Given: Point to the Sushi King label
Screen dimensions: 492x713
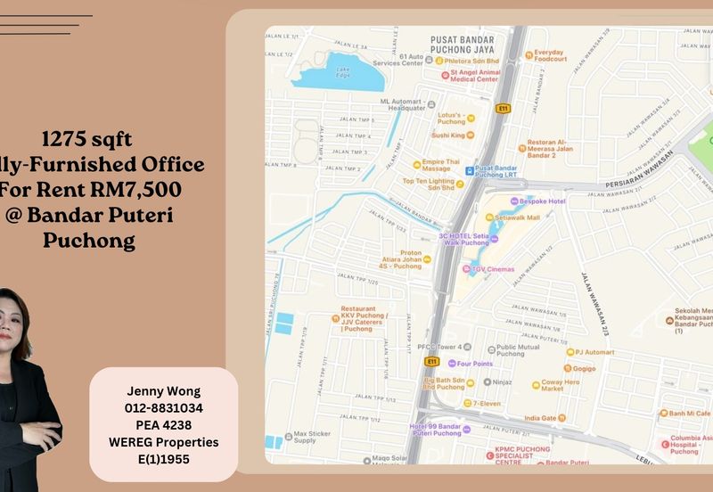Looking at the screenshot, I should point(447,135).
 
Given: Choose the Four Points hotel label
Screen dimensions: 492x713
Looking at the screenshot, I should point(475,364).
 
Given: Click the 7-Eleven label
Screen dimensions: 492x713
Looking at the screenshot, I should point(487,404).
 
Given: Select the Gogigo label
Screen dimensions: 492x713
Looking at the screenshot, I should point(584,368).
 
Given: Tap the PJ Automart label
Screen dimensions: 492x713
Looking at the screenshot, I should point(594,352).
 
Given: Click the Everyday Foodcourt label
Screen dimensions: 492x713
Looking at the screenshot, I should point(550,55).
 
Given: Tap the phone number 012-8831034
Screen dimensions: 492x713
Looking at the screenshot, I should point(163,407).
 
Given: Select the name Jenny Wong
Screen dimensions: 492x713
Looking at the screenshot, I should point(163,390).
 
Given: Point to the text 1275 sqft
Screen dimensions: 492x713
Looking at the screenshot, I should point(87,139).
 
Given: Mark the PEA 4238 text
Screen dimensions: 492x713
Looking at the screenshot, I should point(163,424).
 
